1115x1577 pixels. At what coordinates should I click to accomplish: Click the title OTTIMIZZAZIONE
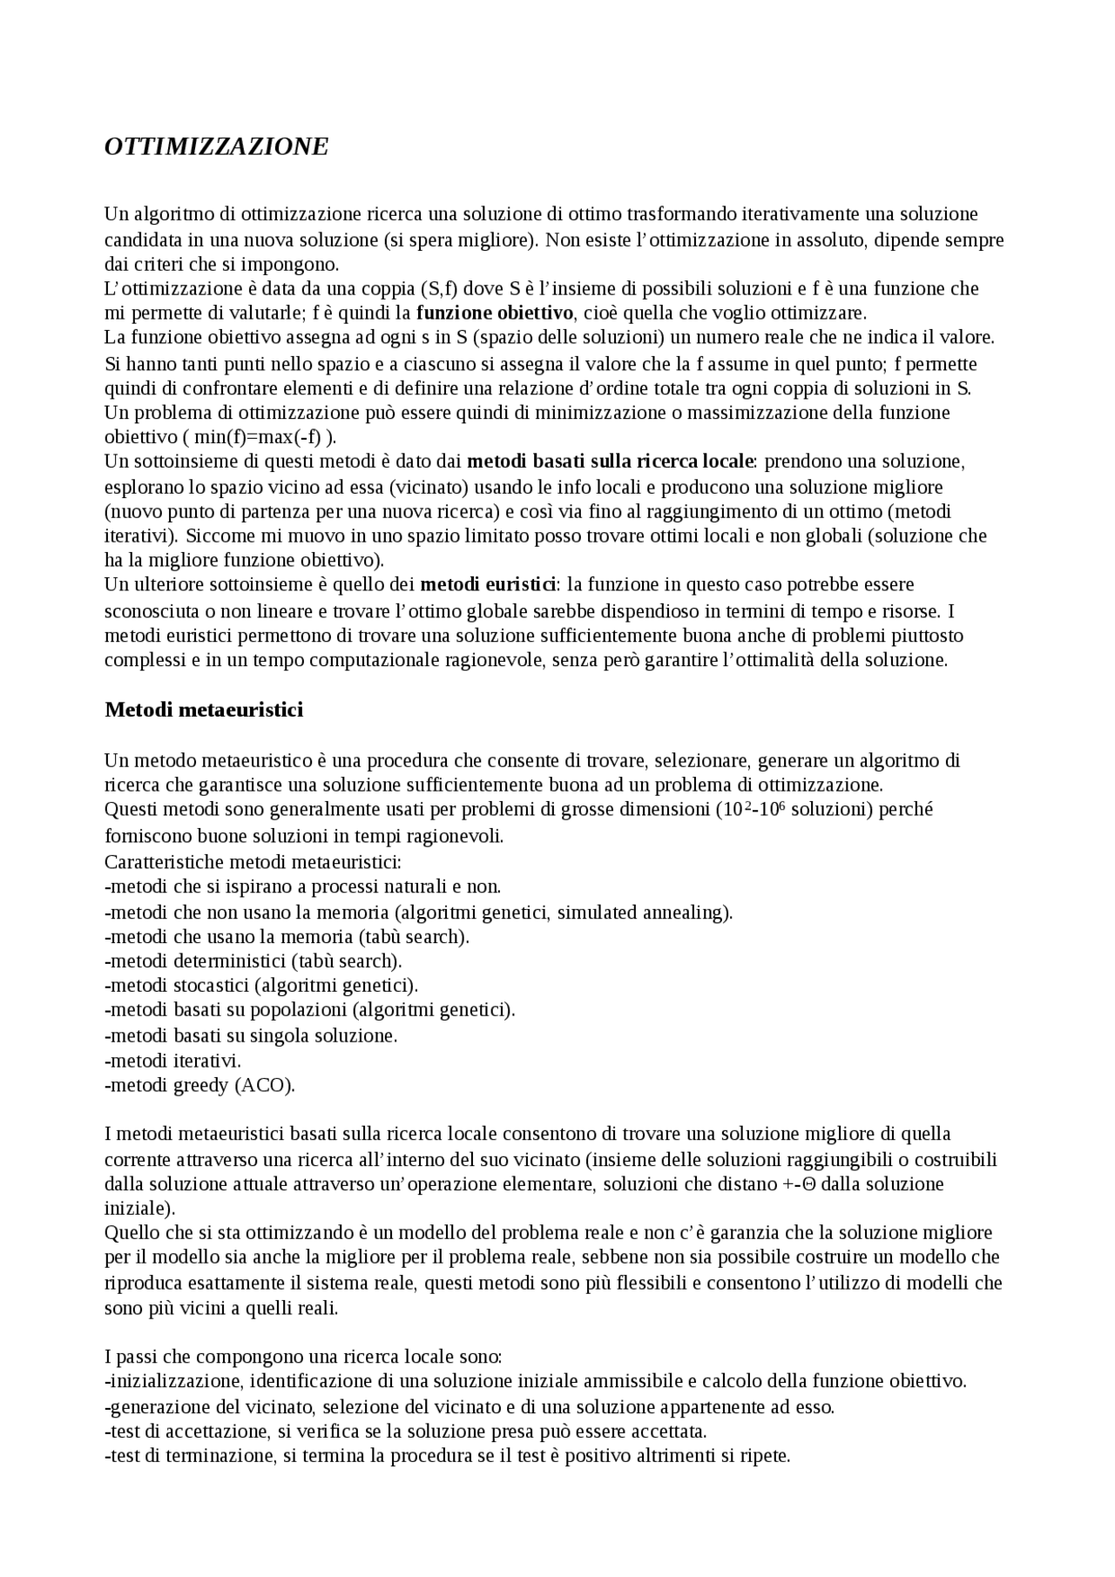pos(216,146)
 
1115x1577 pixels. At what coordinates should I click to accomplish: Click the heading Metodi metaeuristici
pos(204,710)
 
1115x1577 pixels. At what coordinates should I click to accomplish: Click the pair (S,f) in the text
pos(438,288)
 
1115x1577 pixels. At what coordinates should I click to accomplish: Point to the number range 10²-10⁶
pos(754,810)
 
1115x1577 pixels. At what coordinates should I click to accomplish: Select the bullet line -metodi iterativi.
pos(172,1061)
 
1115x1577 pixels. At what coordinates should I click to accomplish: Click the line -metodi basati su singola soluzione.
pos(251,1036)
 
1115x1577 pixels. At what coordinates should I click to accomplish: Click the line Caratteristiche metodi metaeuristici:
pos(253,862)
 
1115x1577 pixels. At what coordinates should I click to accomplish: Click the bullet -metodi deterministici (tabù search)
pos(253,961)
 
